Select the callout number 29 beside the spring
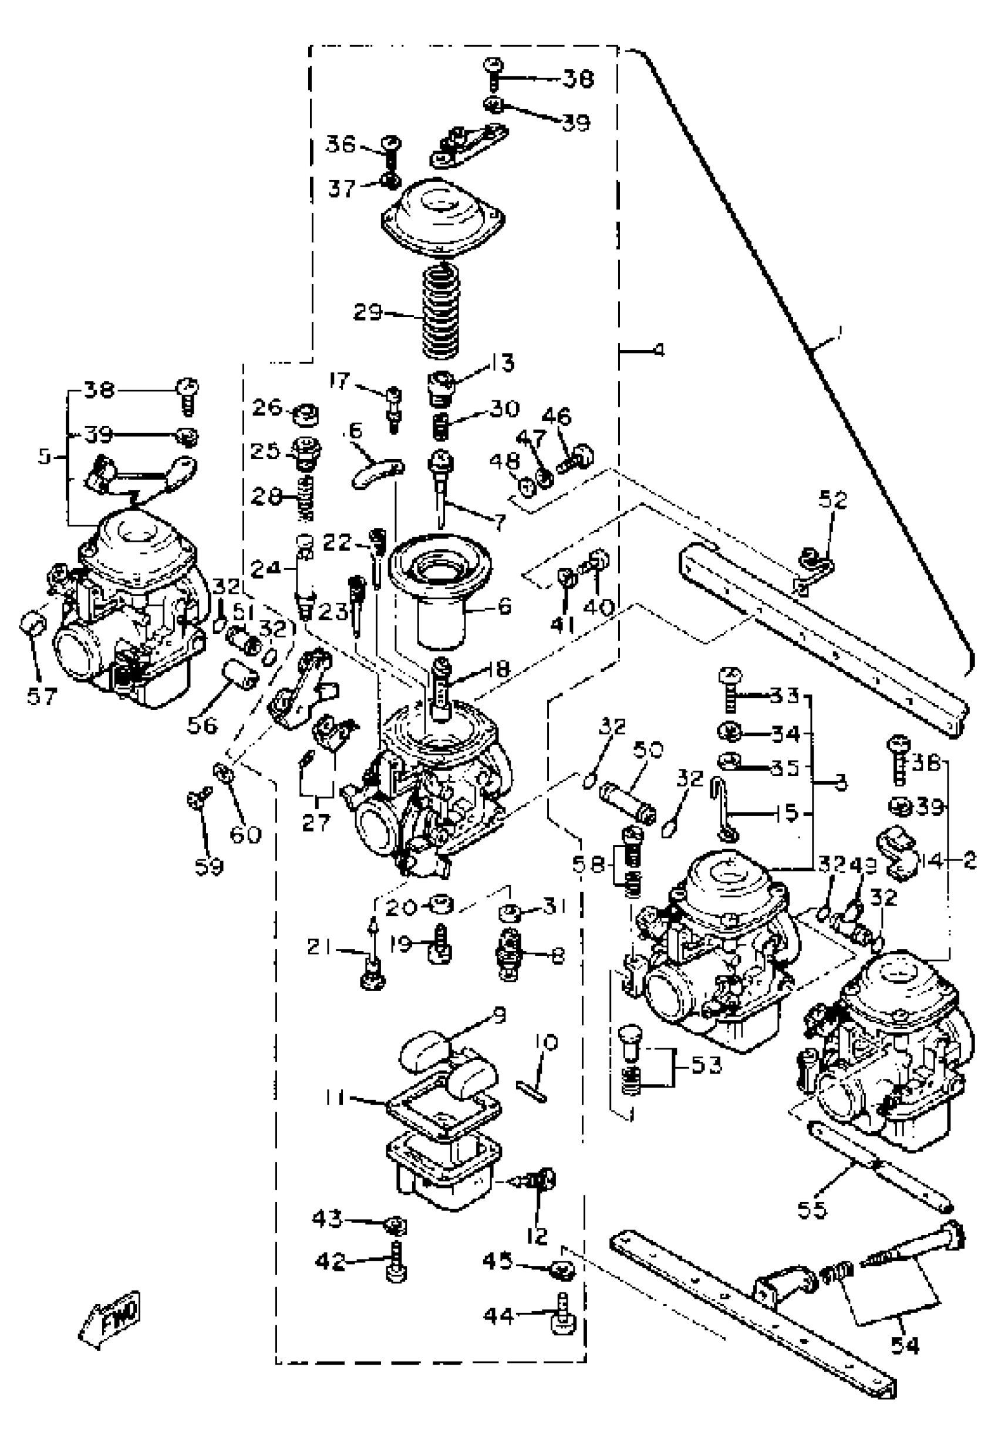367,312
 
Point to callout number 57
41,696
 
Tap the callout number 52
832,500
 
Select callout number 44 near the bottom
498,1316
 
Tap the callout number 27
315,822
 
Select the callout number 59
209,866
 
